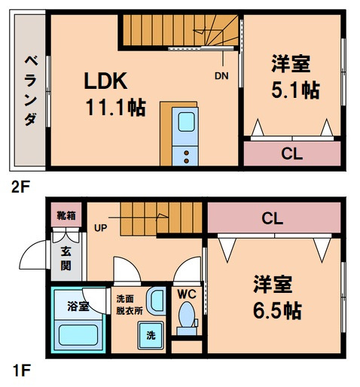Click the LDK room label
pos(105,81)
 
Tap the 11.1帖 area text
pos(116,108)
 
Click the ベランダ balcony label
pos(31,90)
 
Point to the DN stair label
pos(221,76)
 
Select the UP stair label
pos(100,228)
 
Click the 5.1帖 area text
pos(295,90)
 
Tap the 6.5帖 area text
pos(277,310)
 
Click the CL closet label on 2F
pos(291,154)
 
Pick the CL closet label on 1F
pos(273,218)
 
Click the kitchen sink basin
pos(186,122)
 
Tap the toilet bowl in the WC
pos(187,314)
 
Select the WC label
pos(187,294)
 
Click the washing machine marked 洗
pos(151,335)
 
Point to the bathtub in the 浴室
pos(78,335)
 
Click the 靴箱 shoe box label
pos(66,215)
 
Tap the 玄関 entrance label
pos(66,258)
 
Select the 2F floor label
pos(20,187)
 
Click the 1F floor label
pos(21,370)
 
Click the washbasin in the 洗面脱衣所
pos(157,300)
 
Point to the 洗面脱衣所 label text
pos(130,305)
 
